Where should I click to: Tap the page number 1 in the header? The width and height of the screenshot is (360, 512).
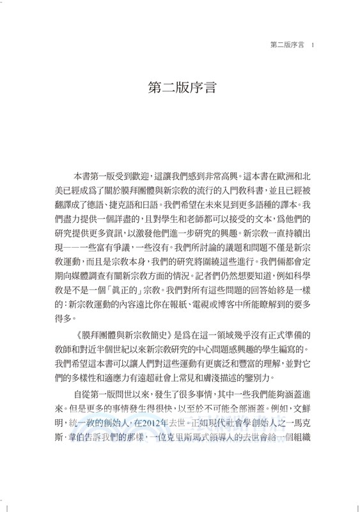coord(310,45)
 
